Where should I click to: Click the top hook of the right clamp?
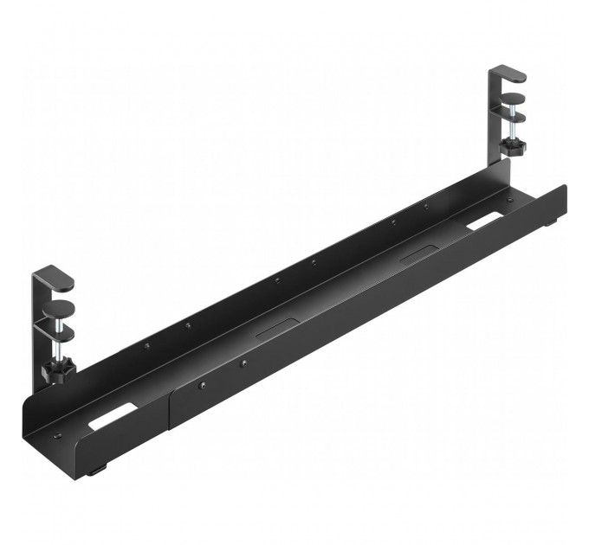coord(510,74)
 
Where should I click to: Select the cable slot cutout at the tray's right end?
coord(488,222)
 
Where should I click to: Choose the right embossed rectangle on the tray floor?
coord(421,254)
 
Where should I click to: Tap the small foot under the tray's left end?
coord(96,470)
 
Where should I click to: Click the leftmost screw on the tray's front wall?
coord(202,387)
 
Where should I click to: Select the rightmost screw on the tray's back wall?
coord(425,206)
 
